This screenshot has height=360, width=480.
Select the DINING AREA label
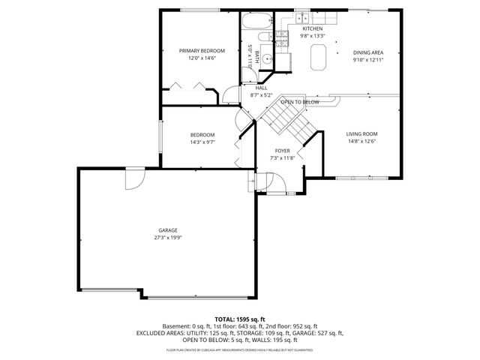pos(368,52)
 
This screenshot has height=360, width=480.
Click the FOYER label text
pos(283,151)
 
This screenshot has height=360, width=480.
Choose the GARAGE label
pos(167,230)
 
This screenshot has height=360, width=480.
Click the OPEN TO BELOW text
pos(300,101)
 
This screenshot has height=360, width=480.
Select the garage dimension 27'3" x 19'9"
pos(167,238)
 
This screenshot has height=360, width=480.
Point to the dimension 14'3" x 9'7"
pos(202,142)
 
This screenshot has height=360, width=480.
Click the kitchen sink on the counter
pos(302,16)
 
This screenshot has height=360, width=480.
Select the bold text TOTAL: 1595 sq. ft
pos(239,319)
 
